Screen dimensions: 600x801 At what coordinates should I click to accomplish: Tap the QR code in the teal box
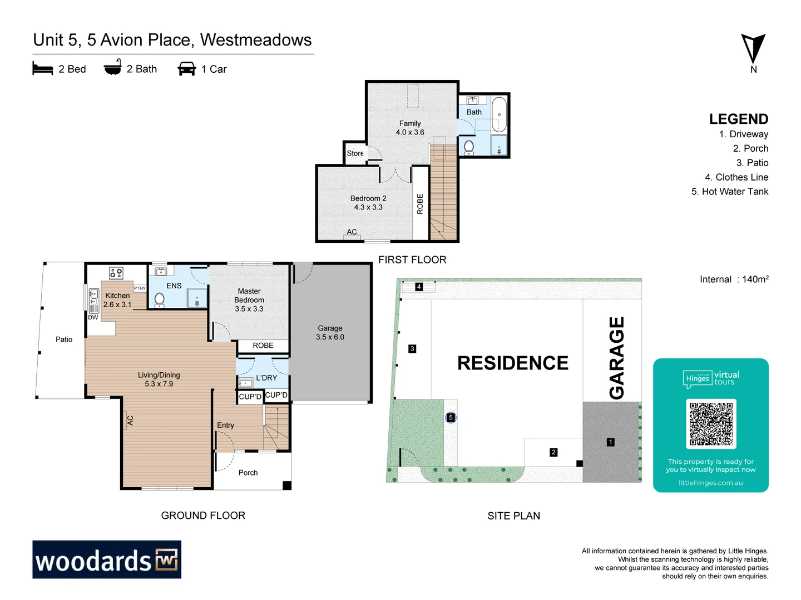711,424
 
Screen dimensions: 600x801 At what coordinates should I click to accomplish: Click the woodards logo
107,559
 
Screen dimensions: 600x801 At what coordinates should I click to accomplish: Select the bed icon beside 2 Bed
43,69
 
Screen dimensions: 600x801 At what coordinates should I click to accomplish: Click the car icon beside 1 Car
186,69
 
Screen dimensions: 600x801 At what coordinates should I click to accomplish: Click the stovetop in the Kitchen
116,273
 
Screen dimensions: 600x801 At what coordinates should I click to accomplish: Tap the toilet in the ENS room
160,299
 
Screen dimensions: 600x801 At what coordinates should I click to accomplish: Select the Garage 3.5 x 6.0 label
330,333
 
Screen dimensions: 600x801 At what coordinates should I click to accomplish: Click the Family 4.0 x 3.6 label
410,128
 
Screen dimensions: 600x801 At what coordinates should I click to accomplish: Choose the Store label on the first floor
355,153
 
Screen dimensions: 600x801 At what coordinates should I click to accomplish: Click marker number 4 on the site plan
419,287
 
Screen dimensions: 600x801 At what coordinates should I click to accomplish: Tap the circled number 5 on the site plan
451,418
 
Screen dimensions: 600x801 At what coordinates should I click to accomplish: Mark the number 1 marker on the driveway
611,442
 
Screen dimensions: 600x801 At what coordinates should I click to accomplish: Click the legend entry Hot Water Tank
730,192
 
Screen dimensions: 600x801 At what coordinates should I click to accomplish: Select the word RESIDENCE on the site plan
512,363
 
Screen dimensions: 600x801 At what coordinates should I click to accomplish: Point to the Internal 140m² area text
734,279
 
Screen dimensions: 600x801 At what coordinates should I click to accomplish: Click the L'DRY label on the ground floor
266,378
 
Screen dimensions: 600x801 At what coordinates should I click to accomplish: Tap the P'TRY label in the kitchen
140,288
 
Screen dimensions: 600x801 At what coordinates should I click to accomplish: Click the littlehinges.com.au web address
710,483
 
